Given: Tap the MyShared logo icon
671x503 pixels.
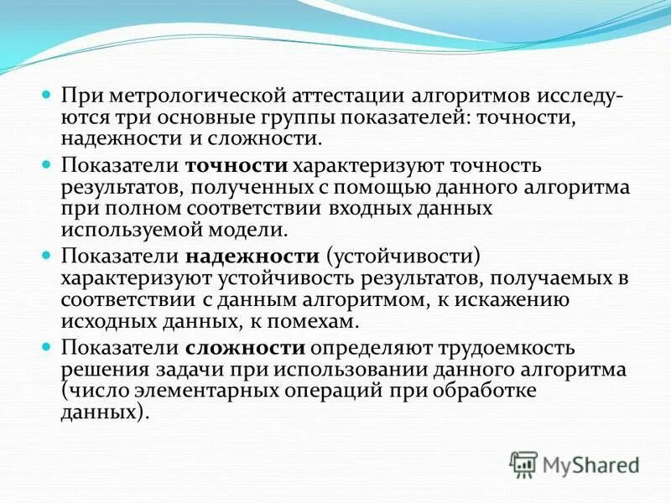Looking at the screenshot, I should tap(524, 462).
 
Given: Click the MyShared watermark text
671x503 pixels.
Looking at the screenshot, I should tap(590, 463).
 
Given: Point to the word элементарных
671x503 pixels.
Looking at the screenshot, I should tap(210, 390).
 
